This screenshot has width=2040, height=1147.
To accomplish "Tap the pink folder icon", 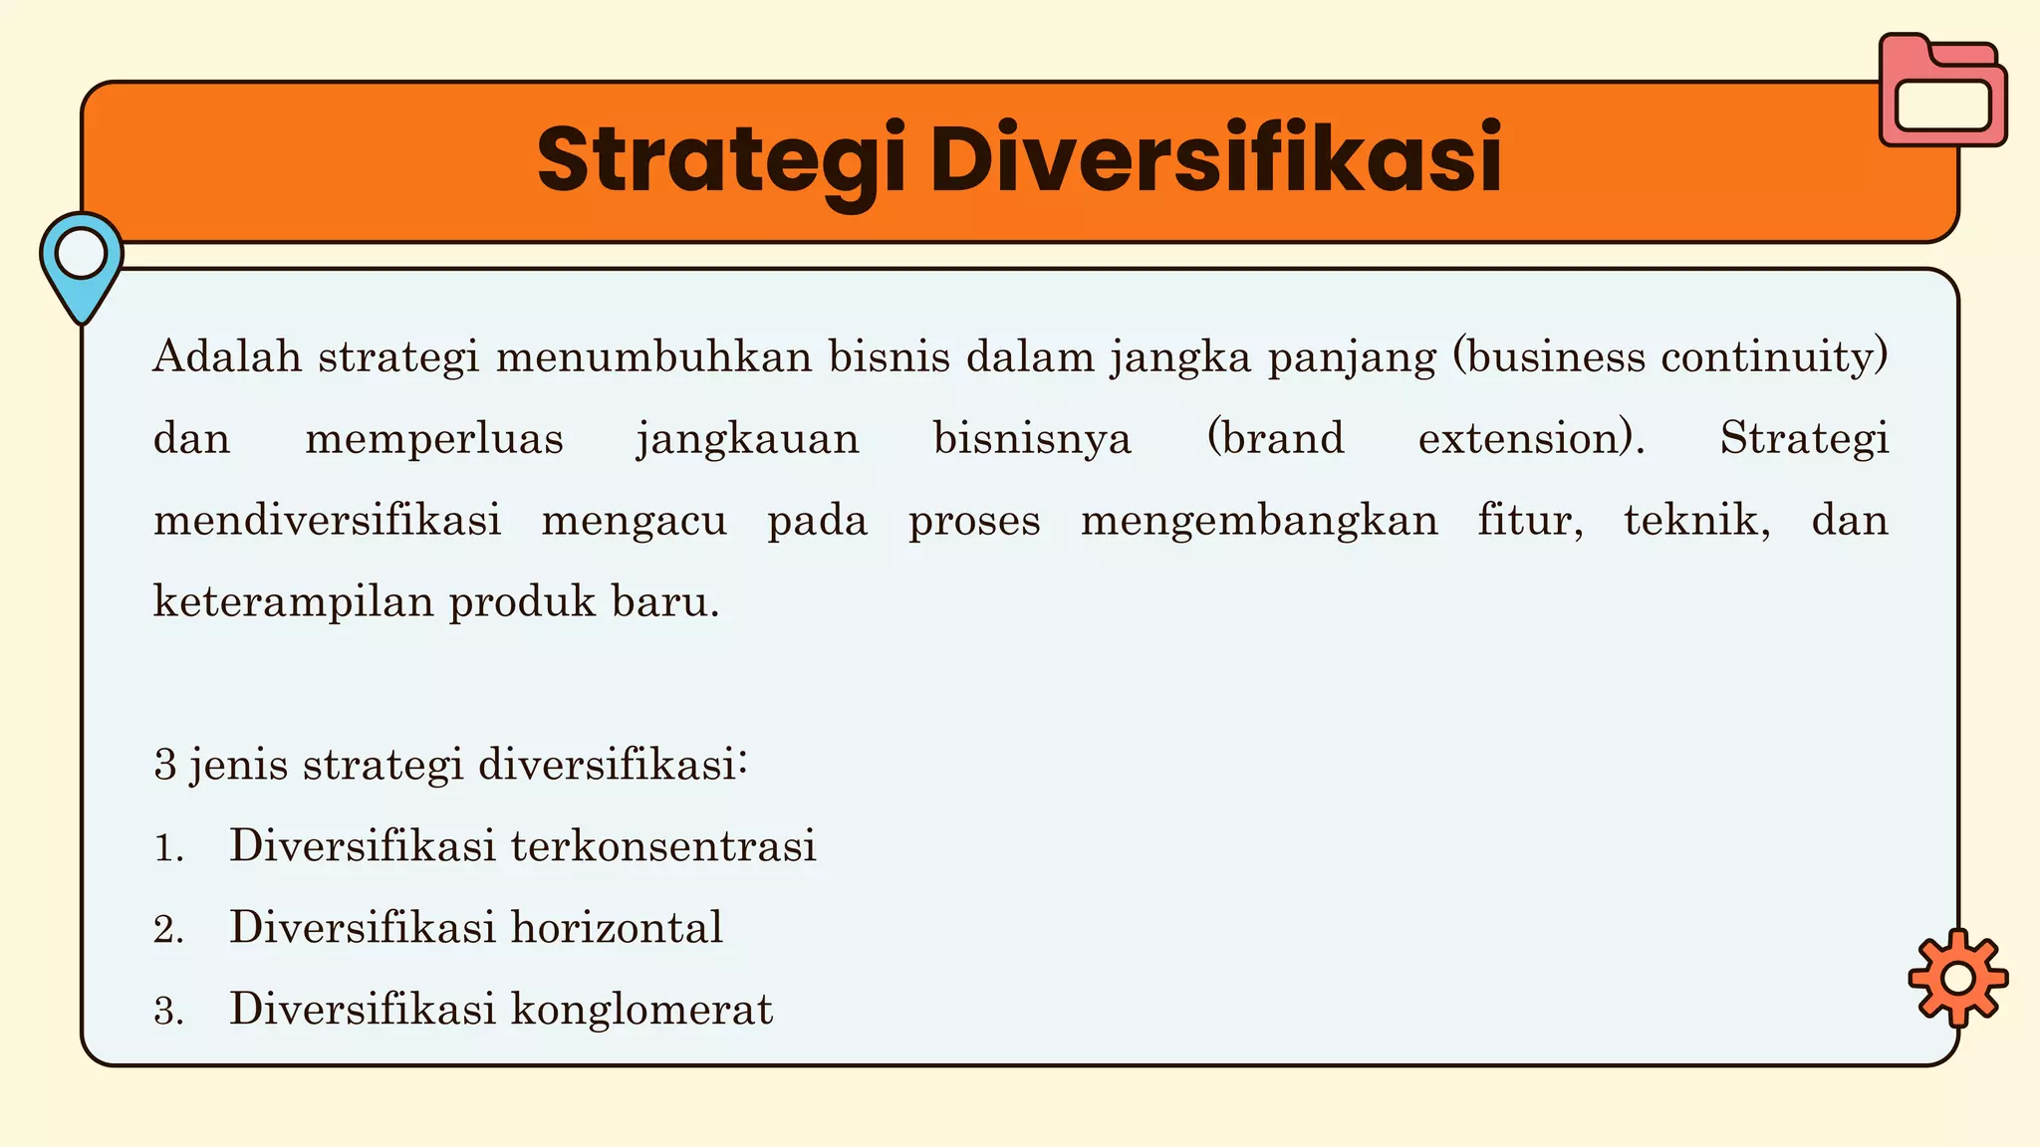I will point(1942,92).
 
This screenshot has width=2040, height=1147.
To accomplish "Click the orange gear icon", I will point(1957,978).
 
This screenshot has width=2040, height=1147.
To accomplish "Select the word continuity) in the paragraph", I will point(1773,356).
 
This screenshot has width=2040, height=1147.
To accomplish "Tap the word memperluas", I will point(434,439).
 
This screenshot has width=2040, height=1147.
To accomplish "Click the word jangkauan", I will point(747,439).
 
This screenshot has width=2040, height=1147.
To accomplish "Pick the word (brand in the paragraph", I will point(1275,439).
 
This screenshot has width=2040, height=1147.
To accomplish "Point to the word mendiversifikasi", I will point(327,521).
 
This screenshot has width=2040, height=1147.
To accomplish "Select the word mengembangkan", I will point(1259,521).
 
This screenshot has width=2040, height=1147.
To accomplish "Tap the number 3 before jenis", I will point(165,766).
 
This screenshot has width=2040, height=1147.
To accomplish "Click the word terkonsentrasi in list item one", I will point(663,846).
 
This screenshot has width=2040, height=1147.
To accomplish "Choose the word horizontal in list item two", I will point(617,928).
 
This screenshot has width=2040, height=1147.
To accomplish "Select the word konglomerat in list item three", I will point(641,1010).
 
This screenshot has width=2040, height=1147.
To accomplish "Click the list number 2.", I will point(168,930).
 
